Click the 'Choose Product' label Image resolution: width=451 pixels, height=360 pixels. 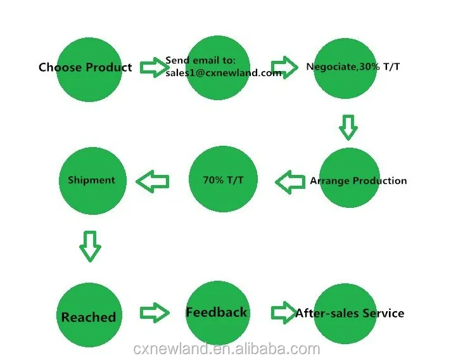pyautogui.click(x=86, y=67)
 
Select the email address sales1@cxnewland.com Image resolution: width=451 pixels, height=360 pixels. pyautogui.click(x=223, y=73)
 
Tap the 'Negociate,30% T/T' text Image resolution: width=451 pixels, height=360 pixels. pyautogui.click(x=353, y=67)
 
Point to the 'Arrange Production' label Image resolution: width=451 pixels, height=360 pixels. pyautogui.click(x=358, y=181)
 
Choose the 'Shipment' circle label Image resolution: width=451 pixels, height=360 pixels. pyautogui.click(x=91, y=180)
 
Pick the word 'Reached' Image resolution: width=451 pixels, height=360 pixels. pyautogui.click(x=89, y=317)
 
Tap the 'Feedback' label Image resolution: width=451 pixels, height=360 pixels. pyautogui.click(x=217, y=312)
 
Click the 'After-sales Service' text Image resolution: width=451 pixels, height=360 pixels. pyautogui.click(x=350, y=313)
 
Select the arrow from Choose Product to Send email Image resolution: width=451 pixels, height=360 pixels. pyautogui.click(x=152, y=67)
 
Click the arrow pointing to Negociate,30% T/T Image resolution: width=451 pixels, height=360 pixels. pyautogui.click(x=284, y=67)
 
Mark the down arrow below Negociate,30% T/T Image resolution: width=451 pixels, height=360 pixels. pyautogui.click(x=348, y=127)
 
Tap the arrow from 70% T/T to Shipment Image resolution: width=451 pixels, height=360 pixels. pyautogui.click(x=153, y=183)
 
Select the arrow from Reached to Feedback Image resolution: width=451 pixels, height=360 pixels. pyautogui.click(x=154, y=312)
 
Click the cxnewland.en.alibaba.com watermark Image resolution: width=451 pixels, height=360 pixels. pyautogui.click(x=227, y=349)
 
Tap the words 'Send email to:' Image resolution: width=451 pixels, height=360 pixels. pyautogui.click(x=200, y=61)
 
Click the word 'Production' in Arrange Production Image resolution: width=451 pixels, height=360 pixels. pyautogui.click(x=379, y=181)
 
